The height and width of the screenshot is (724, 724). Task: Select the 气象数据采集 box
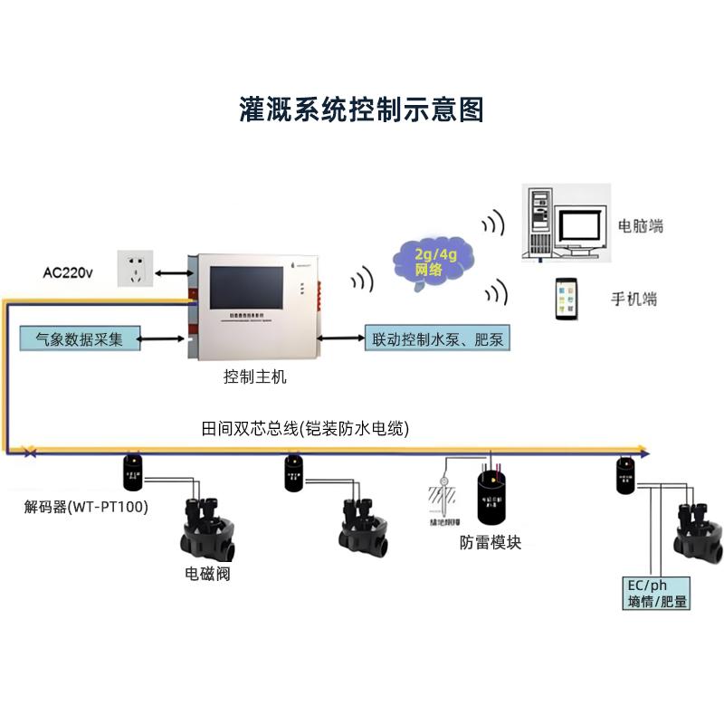click(77, 339)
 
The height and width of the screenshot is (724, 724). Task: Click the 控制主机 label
click(254, 377)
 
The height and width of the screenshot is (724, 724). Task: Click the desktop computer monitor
click(579, 229)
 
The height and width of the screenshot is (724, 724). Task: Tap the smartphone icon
click(568, 299)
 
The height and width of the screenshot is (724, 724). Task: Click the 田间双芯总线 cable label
click(304, 429)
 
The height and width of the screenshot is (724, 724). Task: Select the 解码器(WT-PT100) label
click(86, 506)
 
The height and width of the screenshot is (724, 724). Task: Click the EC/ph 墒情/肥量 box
click(657, 593)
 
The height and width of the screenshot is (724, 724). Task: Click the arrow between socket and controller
click(171, 271)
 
